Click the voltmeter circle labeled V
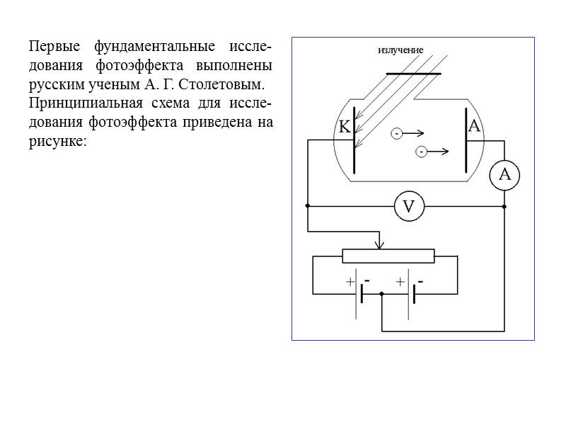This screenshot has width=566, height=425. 409,207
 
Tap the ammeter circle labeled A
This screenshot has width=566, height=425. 504,174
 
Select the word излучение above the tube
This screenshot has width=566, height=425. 400,50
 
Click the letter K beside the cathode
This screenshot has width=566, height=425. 344,128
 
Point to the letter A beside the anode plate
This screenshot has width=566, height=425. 474,126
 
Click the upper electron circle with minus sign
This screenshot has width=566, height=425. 397,133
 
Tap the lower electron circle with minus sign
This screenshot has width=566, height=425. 420,151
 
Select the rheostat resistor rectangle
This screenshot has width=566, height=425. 388,256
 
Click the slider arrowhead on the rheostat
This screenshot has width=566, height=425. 381,245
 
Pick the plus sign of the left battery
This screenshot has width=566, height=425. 350,282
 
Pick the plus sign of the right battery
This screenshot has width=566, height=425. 400,282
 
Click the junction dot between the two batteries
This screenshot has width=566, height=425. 381,294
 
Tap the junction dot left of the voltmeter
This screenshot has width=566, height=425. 308,206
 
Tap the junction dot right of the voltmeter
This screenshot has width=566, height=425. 504,206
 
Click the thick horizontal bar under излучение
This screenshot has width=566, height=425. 413,73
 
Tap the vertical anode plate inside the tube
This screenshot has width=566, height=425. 466,140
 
